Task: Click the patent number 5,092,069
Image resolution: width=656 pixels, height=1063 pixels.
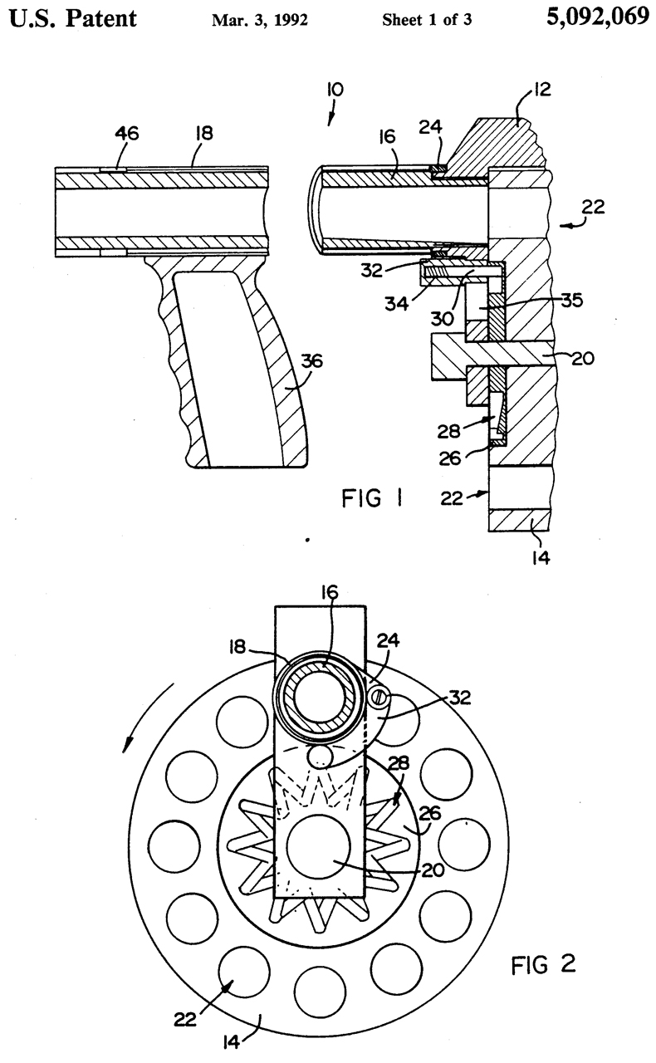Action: [598, 17]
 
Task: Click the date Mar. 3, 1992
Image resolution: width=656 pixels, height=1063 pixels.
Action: [260, 20]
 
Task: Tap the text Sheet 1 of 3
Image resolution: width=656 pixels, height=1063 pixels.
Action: [427, 19]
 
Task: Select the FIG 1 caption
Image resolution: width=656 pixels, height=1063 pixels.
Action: [372, 498]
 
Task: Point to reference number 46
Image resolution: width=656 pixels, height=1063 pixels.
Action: [127, 134]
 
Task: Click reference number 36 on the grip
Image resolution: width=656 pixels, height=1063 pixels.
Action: [311, 361]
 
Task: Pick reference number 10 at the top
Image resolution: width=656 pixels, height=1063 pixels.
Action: [335, 90]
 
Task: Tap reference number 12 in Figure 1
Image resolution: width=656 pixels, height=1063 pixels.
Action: [541, 89]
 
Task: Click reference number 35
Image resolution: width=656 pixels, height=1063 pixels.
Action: [571, 301]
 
